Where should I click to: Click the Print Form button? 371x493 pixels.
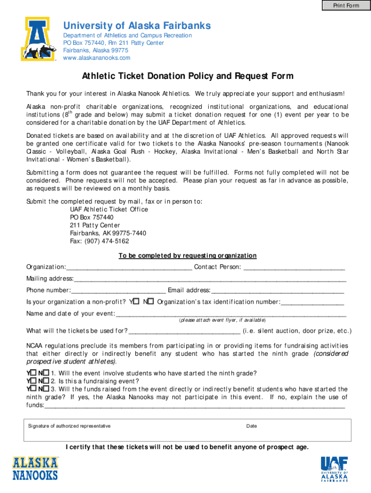tap(346, 5)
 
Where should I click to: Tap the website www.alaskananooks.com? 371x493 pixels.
tap(97, 58)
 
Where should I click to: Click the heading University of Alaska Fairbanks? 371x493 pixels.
tap(137, 26)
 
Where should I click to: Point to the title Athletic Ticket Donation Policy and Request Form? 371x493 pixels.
tap(187, 76)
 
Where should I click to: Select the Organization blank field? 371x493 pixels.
tap(129, 267)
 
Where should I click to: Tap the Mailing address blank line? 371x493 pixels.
tap(210, 279)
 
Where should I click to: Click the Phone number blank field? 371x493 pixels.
tap(119, 290)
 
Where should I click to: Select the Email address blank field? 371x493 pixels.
tap(278, 290)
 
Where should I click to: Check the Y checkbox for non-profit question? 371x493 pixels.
tap(136, 301)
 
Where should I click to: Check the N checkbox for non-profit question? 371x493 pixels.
tap(150, 301)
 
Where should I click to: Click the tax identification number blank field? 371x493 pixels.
tap(312, 302)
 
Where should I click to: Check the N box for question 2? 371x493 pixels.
tap(46, 380)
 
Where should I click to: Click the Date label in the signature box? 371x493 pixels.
tap(252, 426)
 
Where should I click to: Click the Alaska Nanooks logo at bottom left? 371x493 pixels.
tap(35, 468)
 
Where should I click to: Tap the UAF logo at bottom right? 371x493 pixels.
tap(334, 468)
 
